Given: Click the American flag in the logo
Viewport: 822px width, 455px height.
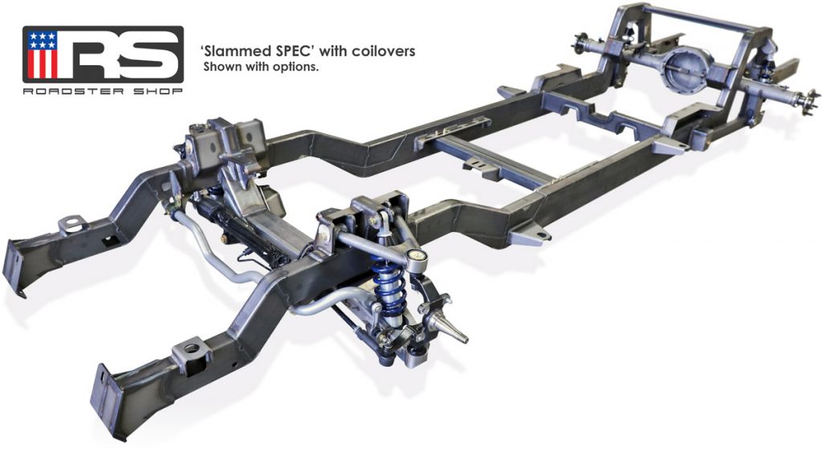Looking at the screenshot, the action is click(x=43, y=54).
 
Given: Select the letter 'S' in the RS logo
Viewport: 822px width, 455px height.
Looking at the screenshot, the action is click(x=151, y=54).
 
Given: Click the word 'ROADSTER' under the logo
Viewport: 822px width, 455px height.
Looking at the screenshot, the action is click(x=73, y=91).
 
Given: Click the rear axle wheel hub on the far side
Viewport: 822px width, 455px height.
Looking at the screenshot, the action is click(x=581, y=40).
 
